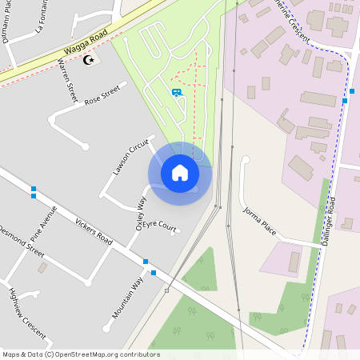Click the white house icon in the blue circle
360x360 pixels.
[180, 173]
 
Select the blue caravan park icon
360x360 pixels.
[176, 93]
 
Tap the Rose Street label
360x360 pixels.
[101, 94]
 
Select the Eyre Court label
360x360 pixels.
[160, 227]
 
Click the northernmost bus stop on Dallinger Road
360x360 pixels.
[345, 102]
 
